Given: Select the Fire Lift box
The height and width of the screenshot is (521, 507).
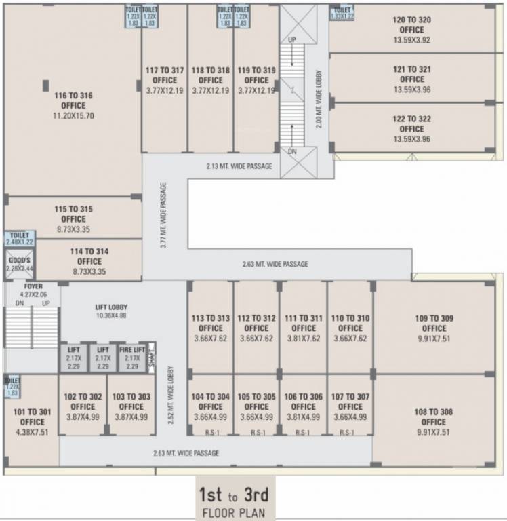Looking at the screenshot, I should (x=132, y=358).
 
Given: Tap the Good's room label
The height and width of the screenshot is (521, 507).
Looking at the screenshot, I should (x=19, y=263).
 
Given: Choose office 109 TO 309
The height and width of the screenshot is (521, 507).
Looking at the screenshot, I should (x=434, y=328).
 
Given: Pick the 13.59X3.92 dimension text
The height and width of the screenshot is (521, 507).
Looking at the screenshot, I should (x=411, y=40).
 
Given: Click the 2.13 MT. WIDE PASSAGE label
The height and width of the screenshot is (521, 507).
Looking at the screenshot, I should (x=239, y=166).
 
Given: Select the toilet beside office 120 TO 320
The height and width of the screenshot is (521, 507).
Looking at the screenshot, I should (x=342, y=14).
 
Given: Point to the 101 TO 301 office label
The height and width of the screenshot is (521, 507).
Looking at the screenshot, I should (x=33, y=417).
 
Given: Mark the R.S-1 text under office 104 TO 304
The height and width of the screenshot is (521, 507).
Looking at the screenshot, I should (x=211, y=432).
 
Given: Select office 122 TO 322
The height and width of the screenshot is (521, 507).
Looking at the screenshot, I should (x=411, y=128).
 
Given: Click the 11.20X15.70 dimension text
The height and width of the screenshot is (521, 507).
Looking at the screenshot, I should (x=73, y=115).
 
